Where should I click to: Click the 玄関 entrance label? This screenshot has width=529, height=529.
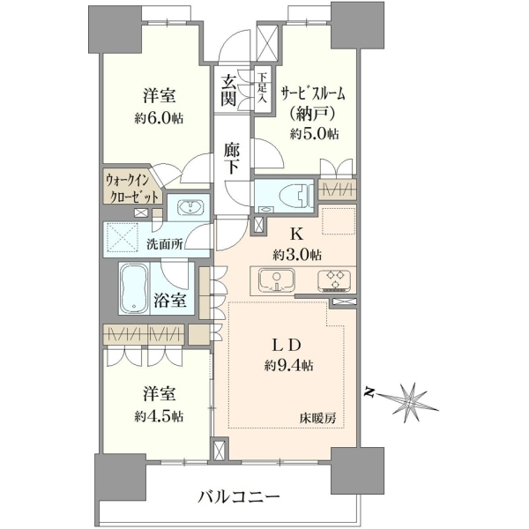pos(228,91)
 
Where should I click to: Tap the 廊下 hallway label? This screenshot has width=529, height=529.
pos(231,159)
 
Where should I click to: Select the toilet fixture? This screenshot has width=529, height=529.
pos(294,196)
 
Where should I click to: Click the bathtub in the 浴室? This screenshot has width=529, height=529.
pos(134,288)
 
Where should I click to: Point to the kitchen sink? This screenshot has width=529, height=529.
pos(276,280)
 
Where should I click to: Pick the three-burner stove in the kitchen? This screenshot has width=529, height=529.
pos(334,280)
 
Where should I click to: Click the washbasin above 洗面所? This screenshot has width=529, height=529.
pos(190,207)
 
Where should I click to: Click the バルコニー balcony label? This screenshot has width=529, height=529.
pos(239,496)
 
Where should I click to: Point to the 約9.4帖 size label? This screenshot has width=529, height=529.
pos(289,365)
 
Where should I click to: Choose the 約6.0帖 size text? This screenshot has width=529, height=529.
pos(159,118)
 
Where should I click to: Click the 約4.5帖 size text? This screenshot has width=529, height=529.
pos(159,417)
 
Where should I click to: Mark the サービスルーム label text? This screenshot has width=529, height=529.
pos(313,94)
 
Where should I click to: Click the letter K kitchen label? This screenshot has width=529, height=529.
pos(297,234)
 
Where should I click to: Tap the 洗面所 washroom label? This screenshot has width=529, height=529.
pos(165,244)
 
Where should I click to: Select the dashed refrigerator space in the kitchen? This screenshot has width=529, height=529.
pos(339,221)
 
